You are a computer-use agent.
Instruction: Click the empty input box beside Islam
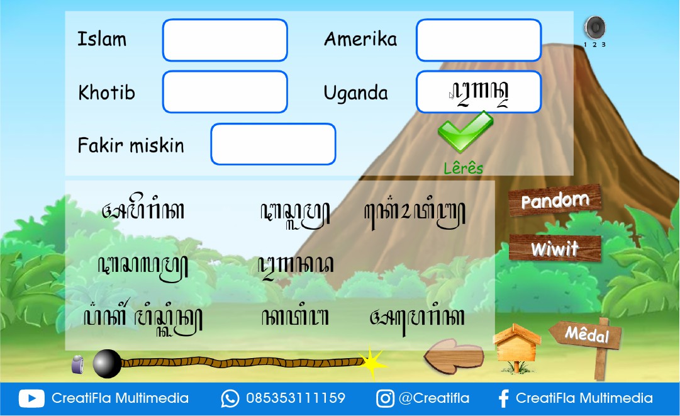click(x=225, y=40)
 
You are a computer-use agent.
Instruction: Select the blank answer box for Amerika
click(x=478, y=40)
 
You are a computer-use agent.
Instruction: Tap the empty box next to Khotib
click(x=225, y=92)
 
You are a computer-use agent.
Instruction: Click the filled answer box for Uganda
click(x=478, y=92)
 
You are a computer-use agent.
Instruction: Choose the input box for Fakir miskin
click(x=273, y=144)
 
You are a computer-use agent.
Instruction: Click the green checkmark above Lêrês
click(x=465, y=132)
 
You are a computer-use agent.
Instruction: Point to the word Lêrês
click(x=464, y=168)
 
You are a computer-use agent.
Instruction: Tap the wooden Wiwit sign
click(x=554, y=249)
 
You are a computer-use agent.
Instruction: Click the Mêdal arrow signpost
click(x=586, y=334)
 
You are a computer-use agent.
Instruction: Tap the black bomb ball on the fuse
click(x=107, y=364)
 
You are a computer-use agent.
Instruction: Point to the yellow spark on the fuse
click(x=372, y=363)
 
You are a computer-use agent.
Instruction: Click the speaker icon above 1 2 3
click(x=594, y=28)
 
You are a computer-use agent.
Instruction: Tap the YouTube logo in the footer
click(x=31, y=398)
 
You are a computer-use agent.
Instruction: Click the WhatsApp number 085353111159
click(x=295, y=398)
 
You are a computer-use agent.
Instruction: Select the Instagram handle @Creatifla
click(x=434, y=398)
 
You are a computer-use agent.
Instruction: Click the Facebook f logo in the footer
click(x=503, y=398)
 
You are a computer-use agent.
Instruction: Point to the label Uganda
click(x=355, y=93)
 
